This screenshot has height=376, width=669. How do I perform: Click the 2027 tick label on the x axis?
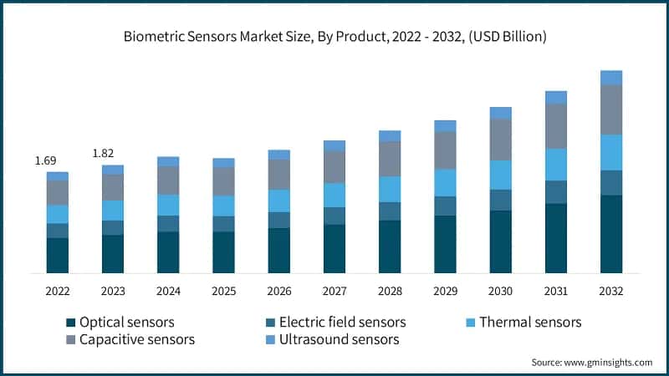point(334,291)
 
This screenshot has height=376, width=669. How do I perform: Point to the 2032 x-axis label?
point(611,291)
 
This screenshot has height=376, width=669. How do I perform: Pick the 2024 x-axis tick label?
point(168,291)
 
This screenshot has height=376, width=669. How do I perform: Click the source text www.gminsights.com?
point(591,362)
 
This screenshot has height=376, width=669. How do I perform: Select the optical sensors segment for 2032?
point(611,234)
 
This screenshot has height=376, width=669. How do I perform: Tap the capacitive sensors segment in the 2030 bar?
point(501,139)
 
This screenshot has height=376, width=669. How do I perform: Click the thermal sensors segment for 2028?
point(390,189)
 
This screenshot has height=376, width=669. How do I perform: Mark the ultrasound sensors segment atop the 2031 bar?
point(556,97)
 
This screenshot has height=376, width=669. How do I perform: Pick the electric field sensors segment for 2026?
point(279,220)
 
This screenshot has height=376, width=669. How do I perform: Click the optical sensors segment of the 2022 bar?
point(58,256)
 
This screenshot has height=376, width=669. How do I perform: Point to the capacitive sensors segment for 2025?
point(223,181)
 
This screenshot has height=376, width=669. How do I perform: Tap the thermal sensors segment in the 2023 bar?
point(113,211)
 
